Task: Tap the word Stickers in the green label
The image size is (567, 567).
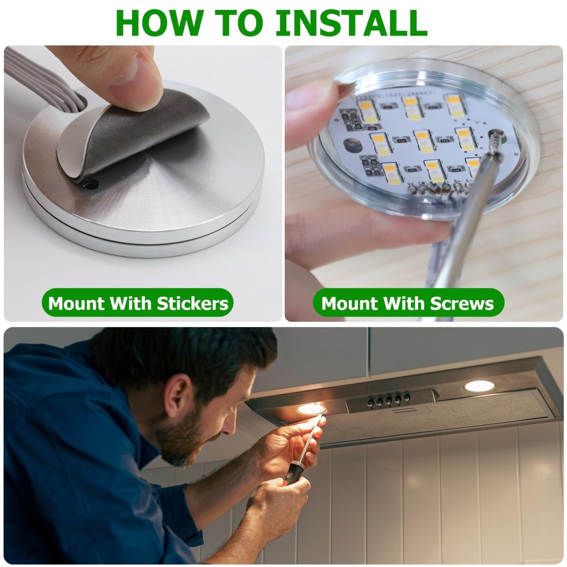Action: tap(193, 303)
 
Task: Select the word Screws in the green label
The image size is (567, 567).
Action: tap(462, 303)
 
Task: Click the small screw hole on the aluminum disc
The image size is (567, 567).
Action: tap(91, 185)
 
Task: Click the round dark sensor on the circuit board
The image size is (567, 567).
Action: tap(351, 145)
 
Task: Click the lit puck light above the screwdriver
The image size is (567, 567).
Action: tap(311, 409)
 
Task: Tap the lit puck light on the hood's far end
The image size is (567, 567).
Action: tap(479, 386)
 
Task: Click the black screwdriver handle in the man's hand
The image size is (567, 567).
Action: tap(292, 478)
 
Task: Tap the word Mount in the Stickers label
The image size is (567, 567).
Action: tap(77, 303)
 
